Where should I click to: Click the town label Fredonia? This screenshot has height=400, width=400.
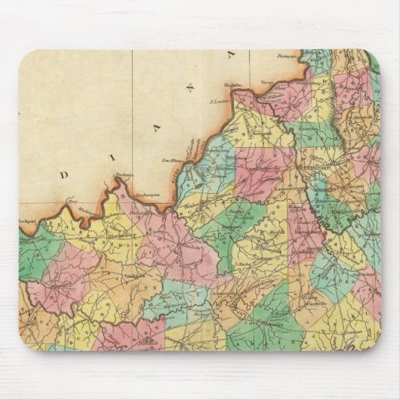(x=124, y=176)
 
